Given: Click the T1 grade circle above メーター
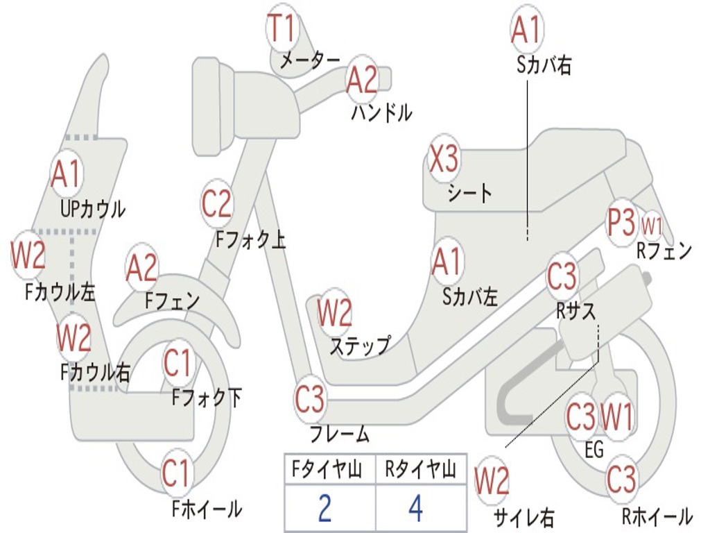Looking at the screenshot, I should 282,29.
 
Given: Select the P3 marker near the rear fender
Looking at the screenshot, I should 621,222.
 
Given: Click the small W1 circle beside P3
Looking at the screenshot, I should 652,225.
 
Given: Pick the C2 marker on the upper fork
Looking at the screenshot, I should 217,204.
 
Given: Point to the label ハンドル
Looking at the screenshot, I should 381,112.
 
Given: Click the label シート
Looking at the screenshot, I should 469,192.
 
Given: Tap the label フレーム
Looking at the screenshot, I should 339,435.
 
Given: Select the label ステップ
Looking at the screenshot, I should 359,345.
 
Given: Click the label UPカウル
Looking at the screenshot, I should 93,208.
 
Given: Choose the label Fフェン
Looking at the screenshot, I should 172,301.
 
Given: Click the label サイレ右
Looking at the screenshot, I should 523,516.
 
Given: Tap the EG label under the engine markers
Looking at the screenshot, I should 594,450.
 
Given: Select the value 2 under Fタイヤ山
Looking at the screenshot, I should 324,508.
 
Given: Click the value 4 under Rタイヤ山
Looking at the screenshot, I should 415,508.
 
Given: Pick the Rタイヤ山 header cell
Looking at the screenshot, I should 420,471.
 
